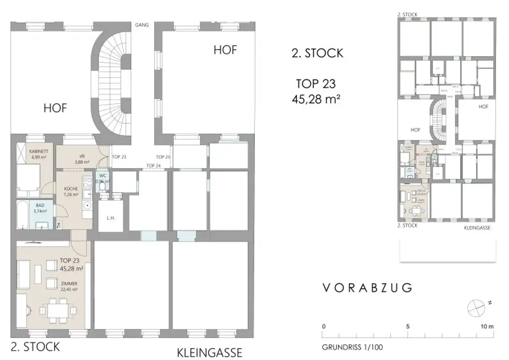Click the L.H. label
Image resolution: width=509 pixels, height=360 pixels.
point(110,217)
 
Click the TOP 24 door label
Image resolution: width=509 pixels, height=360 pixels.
point(154,166)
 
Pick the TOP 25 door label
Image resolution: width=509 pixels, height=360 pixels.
point(163,157)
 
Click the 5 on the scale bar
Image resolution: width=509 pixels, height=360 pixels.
point(407,327)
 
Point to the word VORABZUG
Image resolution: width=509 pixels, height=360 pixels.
point(367,287)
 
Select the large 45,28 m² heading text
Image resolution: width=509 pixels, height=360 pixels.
point(316,98)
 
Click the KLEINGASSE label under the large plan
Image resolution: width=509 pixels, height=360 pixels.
point(210,353)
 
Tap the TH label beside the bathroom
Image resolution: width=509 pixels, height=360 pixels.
point(59,225)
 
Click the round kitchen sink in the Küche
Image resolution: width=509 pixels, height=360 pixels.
point(87,205)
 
